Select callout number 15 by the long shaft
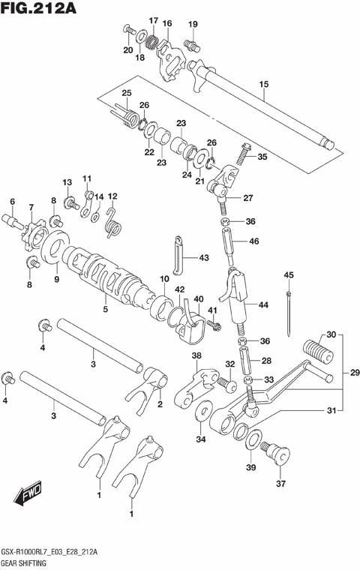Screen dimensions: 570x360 [262, 85]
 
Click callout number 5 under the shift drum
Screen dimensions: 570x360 [104, 308]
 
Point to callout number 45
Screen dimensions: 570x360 [289, 276]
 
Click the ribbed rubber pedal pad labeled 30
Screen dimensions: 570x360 [317, 352]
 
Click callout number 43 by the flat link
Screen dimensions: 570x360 [204, 258]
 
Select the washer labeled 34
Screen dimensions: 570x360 [202, 413]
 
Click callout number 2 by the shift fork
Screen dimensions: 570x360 [160, 404]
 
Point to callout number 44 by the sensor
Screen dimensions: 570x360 [263, 305]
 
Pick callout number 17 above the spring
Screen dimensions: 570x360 [153, 20]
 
